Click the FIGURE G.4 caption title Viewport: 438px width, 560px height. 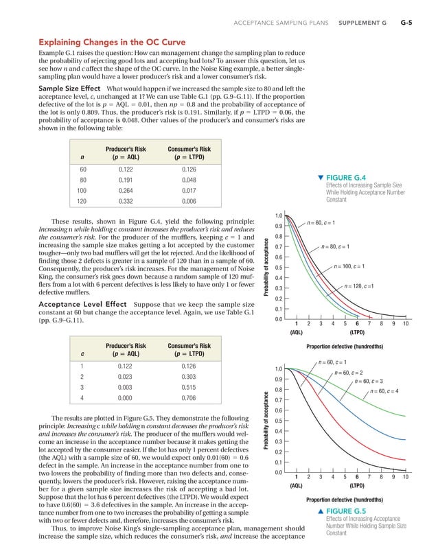point(349,177)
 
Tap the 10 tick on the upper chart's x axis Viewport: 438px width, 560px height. point(406,324)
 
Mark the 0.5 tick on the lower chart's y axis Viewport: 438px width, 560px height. point(279,421)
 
